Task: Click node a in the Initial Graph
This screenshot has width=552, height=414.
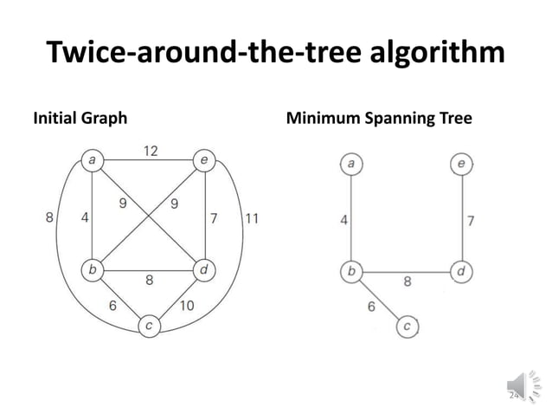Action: point(90,159)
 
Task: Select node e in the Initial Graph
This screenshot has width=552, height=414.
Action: point(203,159)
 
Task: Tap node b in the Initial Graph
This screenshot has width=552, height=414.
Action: point(90,270)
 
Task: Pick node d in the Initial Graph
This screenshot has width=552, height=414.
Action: point(204,270)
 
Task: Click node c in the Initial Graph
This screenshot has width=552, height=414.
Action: point(149,327)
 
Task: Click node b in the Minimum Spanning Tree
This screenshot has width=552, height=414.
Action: point(350,272)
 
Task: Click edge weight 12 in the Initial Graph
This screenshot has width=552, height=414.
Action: point(150,150)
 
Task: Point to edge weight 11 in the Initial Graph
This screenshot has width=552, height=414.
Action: point(251,217)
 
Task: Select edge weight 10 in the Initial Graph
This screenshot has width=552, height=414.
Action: point(187,306)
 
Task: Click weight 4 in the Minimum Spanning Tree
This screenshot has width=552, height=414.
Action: point(344,219)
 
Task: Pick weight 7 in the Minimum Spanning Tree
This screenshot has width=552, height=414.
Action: point(470,219)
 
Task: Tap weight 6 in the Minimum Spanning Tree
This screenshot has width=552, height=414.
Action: point(371,305)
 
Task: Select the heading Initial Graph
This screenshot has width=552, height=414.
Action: point(80,117)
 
